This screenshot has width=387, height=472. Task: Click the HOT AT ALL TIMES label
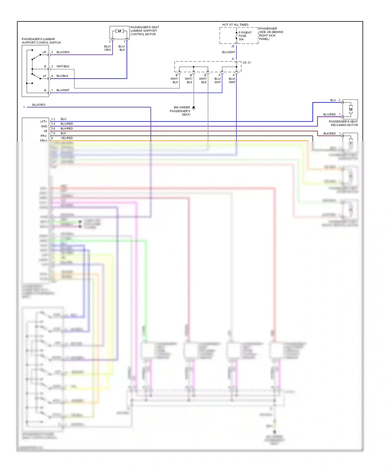[x=235, y=25]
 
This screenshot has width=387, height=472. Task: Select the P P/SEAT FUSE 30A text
[x=245, y=36]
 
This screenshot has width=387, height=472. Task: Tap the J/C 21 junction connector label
[x=246, y=63]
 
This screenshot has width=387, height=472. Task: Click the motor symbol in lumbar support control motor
[x=119, y=31]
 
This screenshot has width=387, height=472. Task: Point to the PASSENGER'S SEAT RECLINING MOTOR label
[x=343, y=123]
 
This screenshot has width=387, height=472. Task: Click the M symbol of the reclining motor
[x=351, y=109]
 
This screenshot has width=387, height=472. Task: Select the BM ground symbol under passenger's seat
[x=193, y=108]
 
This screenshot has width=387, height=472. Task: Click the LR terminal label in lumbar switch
[x=44, y=52]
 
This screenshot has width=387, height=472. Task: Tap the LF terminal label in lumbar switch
[x=44, y=76]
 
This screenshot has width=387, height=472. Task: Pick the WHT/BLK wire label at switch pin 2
[x=63, y=66]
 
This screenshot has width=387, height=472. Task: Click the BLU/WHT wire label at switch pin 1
[x=63, y=90]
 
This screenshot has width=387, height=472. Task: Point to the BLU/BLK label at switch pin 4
[x=62, y=76]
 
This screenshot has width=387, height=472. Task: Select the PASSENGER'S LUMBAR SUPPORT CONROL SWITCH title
[x=41, y=41]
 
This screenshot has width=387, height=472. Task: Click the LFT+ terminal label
[x=44, y=122]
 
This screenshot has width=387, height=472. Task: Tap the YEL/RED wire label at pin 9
[x=67, y=138]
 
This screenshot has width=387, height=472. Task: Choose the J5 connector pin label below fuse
[x=233, y=46]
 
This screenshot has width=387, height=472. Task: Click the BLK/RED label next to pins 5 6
[x=67, y=129]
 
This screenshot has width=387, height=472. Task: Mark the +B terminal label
[x=45, y=131]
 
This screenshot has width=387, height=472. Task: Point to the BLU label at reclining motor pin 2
[x=333, y=100]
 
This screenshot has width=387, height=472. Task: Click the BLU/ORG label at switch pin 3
[x=63, y=52]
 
